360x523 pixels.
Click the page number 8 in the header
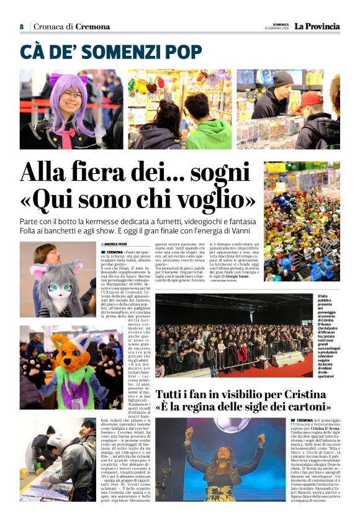21,27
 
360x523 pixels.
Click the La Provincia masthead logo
317,26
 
